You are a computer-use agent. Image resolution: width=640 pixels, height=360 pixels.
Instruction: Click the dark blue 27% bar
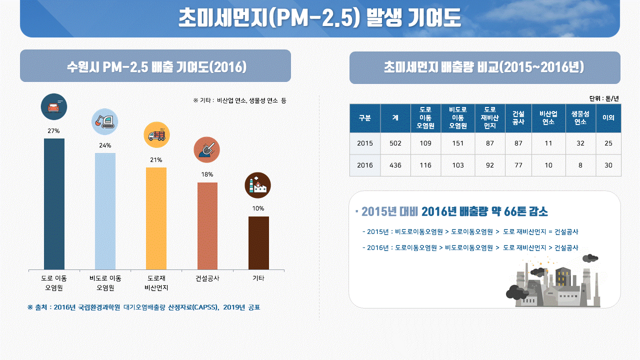click(x=54, y=204)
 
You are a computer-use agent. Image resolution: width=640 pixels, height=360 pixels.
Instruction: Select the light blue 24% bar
click(x=105, y=211)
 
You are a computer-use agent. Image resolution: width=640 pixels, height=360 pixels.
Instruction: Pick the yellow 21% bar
click(x=156, y=218)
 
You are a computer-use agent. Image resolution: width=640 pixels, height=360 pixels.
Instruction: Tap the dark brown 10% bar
click(x=258, y=243)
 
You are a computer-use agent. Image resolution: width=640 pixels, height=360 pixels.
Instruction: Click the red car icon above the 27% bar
click(x=53, y=106)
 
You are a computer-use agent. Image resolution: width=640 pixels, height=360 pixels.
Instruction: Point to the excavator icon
click(x=105, y=121)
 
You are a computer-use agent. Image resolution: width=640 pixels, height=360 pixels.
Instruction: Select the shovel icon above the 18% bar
click(x=206, y=149)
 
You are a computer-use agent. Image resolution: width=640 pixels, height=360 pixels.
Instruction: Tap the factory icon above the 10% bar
click(x=258, y=185)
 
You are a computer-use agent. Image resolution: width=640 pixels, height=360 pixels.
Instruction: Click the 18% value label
click(x=207, y=174)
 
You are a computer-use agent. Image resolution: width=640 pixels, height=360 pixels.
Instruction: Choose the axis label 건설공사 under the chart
click(x=207, y=278)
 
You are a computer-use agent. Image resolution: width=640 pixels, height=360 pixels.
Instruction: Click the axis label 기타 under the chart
click(x=258, y=278)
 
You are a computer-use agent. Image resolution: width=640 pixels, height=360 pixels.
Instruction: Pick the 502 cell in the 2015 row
click(x=395, y=143)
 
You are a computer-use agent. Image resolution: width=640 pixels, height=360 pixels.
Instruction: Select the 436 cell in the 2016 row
click(x=395, y=165)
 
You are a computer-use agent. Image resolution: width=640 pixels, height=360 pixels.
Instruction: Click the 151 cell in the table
click(x=457, y=143)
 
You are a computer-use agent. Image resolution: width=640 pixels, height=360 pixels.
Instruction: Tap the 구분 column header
click(x=365, y=118)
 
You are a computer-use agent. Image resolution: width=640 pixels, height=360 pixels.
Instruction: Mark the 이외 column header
click(x=608, y=118)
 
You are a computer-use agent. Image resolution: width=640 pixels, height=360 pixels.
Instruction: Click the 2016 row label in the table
click(x=365, y=165)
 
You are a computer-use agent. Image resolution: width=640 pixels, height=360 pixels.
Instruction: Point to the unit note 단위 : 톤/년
click(x=604, y=98)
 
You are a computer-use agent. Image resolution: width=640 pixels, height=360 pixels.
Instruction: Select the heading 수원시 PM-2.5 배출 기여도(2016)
click(x=155, y=66)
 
